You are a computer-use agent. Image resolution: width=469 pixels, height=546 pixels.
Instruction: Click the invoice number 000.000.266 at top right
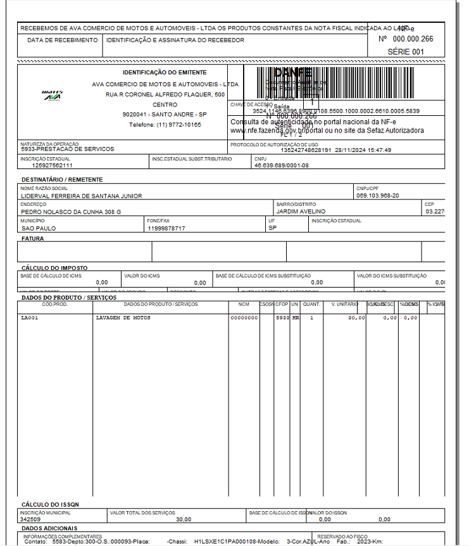pyautogui.click(x=413, y=39)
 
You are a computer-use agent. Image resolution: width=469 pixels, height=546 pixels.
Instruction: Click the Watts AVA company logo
pyautogui.click(x=52, y=95)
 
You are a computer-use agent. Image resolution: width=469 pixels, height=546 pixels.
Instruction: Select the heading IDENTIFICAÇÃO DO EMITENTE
pyautogui.click(x=165, y=73)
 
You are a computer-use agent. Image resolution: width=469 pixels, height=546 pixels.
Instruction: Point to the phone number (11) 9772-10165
pyautogui.click(x=165, y=125)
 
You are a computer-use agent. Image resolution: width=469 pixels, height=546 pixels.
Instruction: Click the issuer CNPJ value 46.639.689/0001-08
pyautogui.click(x=282, y=165)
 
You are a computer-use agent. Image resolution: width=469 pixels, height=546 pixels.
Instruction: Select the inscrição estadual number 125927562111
pyautogui.click(x=53, y=165)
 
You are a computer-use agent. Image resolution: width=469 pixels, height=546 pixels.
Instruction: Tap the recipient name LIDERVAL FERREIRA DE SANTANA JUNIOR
pyautogui.click(x=82, y=196)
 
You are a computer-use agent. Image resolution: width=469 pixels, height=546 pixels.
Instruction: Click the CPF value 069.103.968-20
pyautogui.click(x=377, y=196)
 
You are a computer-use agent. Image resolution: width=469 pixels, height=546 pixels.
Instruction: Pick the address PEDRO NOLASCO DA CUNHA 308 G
pyautogui.click(x=71, y=212)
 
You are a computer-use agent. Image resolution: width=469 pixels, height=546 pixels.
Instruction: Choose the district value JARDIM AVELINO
pyautogui.click(x=301, y=212)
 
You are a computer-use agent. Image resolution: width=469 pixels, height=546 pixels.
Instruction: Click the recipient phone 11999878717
pyautogui.click(x=166, y=228)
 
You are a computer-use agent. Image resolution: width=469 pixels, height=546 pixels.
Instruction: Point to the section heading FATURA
pyautogui.click(x=33, y=239)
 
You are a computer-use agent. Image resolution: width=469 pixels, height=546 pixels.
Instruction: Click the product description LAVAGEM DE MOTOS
pyautogui.click(x=123, y=317)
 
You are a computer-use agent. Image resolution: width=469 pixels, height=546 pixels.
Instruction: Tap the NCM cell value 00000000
pyautogui.click(x=244, y=317)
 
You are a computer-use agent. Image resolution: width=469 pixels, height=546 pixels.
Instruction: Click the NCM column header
pyautogui.click(x=244, y=304)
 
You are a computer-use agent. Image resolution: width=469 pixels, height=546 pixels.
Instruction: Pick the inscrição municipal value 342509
pyautogui.click(x=30, y=519)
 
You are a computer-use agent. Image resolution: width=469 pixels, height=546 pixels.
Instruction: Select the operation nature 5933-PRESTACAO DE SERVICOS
pyautogui.click(x=67, y=149)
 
